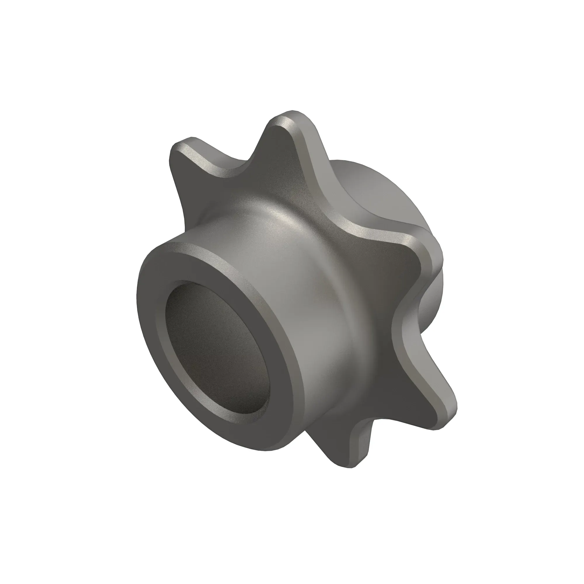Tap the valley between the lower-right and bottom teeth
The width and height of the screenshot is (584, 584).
pyautogui.click(x=381, y=423)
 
